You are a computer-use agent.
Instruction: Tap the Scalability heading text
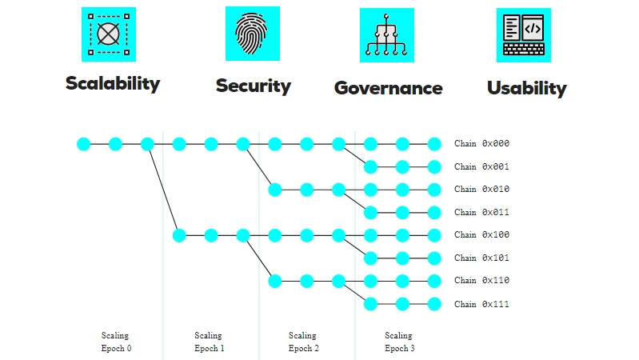click(x=113, y=83)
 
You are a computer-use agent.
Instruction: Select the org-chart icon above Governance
click(x=387, y=35)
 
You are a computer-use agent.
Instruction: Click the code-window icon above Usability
click(x=524, y=35)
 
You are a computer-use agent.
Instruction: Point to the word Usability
click(x=527, y=88)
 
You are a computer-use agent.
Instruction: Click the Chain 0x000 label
click(x=481, y=143)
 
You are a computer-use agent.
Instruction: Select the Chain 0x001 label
click(x=481, y=166)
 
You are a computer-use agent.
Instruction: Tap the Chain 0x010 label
click(x=481, y=189)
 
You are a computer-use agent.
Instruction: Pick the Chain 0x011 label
click(x=481, y=213)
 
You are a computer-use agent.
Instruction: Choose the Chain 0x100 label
click(x=481, y=235)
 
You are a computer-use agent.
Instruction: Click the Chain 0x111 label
click(x=481, y=304)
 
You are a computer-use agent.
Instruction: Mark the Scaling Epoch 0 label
click(x=116, y=342)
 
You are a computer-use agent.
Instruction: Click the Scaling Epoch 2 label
click(x=303, y=342)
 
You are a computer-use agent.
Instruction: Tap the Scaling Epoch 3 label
click(x=399, y=342)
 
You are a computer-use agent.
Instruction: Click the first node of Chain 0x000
click(x=83, y=144)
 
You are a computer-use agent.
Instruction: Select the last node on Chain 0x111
click(x=434, y=304)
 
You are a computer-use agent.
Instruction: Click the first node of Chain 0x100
click(x=179, y=235)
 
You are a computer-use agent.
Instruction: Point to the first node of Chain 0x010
click(x=275, y=190)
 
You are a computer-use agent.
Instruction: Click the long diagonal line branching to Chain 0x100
click(x=163, y=190)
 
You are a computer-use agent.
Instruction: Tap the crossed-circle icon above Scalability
click(x=109, y=34)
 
